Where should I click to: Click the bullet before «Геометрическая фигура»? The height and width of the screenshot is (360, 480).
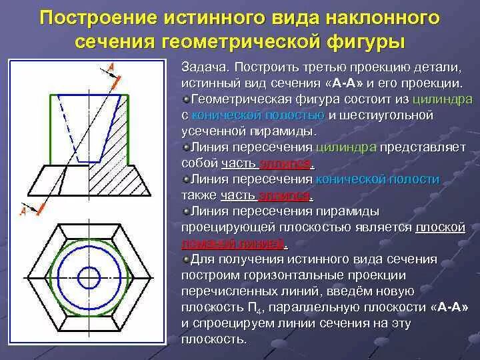point(185,99)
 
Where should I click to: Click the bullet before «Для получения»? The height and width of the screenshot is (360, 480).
point(185,259)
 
